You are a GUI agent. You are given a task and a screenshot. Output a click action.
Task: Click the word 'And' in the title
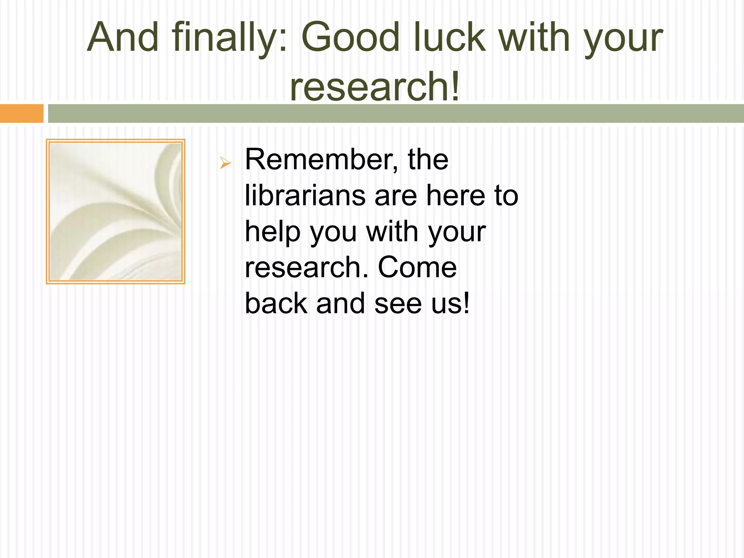(123, 37)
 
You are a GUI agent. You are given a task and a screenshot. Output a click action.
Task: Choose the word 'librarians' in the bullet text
(305, 195)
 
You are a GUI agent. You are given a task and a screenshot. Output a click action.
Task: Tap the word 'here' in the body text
(456, 195)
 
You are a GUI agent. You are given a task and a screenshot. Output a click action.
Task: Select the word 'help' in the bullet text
(273, 232)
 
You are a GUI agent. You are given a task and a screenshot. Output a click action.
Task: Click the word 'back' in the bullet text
(276, 303)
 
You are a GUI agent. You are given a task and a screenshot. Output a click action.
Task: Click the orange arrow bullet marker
(225, 163)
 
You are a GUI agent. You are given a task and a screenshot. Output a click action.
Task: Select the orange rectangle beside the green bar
(21, 113)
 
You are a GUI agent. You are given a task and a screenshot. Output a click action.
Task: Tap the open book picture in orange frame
(116, 211)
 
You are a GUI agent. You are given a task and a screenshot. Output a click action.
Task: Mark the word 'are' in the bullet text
(396, 195)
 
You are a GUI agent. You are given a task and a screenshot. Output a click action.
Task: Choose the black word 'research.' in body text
(307, 267)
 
